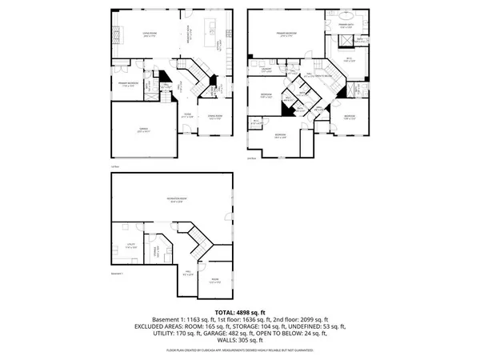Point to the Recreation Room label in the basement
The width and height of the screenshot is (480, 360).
(170, 199)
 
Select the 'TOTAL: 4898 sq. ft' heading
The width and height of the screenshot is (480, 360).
(239, 311)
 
